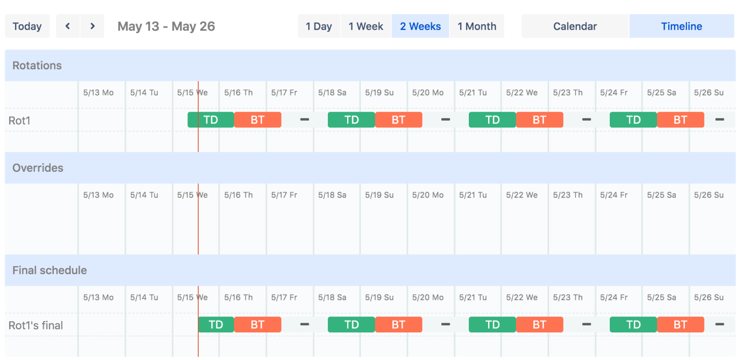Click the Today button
coord(27,26)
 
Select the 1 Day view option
coord(319,26)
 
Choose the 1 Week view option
coord(365,26)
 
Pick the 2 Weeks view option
coord(420,26)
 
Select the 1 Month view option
coord(477,26)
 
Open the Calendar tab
coord(575,26)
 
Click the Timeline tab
coord(681,26)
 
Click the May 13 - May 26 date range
coord(166,26)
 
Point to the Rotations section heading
coord(37,66)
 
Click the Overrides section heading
coord(38,168)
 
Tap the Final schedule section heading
coord(50,270)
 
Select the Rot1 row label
coord(19,121)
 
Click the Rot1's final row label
coord(36,326)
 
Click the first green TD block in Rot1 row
coord(211,120)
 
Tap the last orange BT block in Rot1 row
coord(680,120)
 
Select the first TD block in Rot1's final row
coord(216,325)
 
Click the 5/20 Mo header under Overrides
coord(427,195)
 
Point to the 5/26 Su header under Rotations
coord(708,92)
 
